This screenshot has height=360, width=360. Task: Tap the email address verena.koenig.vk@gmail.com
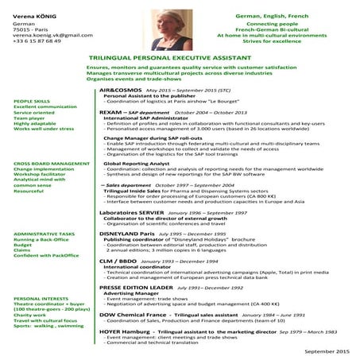click(47, 35)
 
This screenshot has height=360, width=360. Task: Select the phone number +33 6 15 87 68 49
click(40, 41)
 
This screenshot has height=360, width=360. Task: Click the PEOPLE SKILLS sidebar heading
click(33, 102)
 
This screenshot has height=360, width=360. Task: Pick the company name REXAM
click(111, 113)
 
